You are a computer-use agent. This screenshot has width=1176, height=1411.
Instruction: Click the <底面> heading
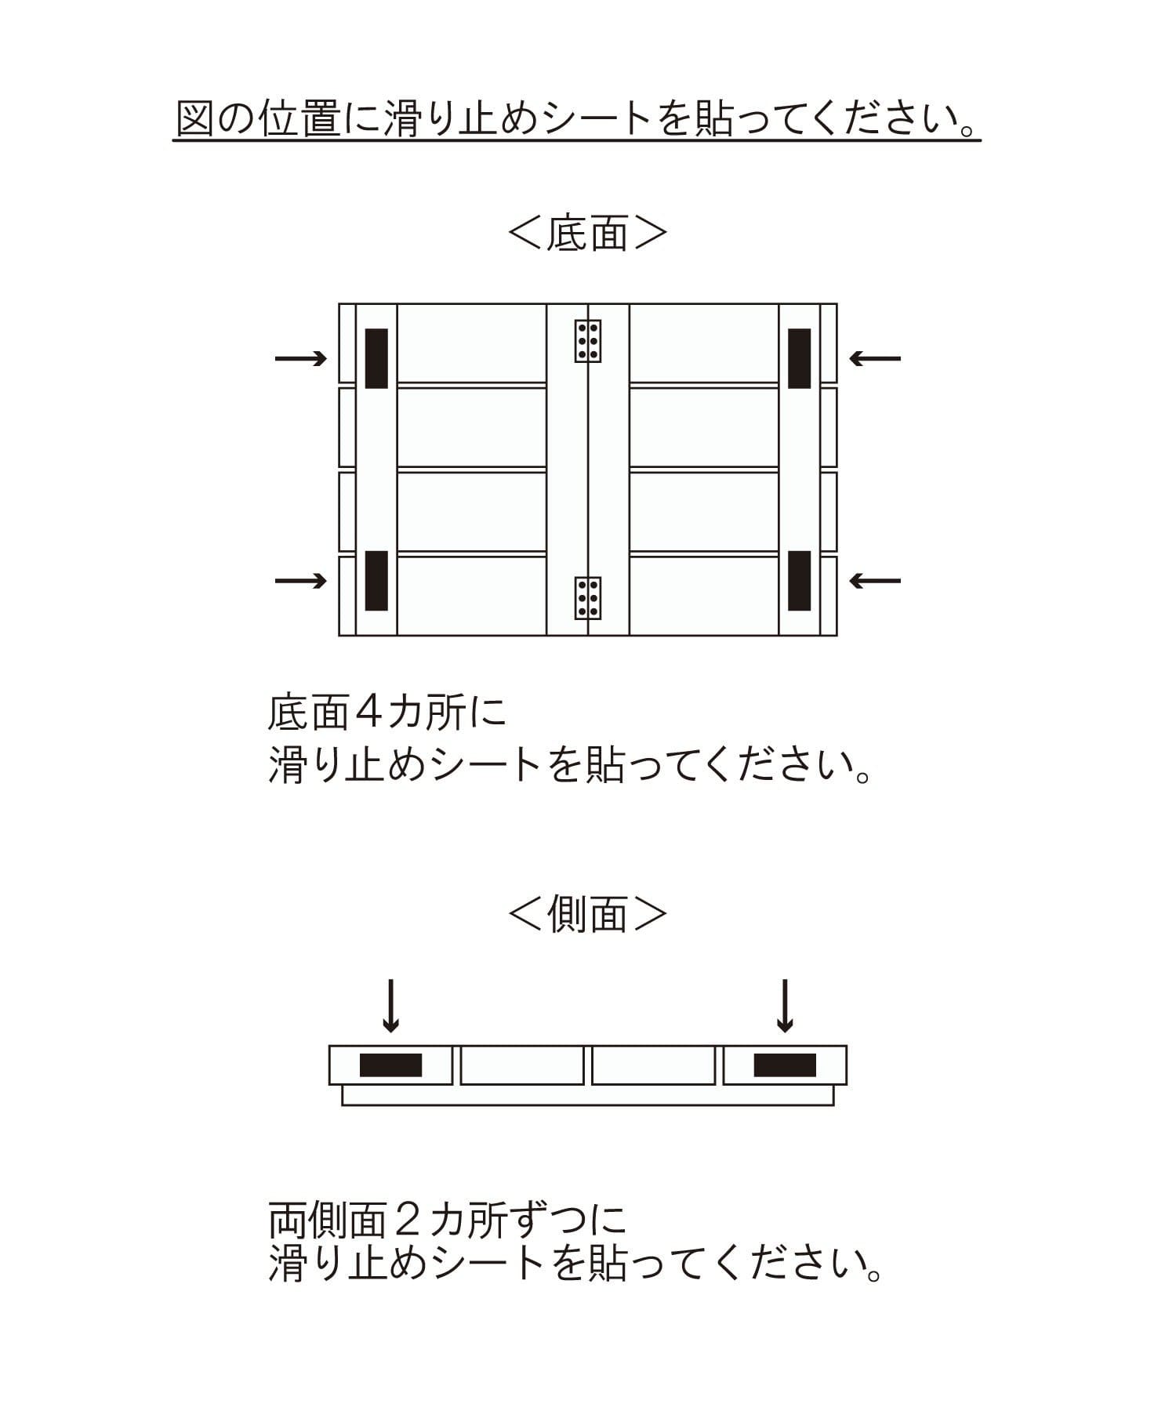pos(587,233)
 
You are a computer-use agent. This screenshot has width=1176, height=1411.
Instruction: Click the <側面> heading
pos(587,914)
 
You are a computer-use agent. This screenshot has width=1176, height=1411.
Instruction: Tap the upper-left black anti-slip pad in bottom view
pos(376,358)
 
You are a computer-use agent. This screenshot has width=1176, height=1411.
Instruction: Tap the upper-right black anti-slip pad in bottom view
pos(799,358)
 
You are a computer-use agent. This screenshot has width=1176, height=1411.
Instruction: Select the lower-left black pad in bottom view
pos(376,581)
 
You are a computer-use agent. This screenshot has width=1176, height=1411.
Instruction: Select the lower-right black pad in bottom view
pos(799,581)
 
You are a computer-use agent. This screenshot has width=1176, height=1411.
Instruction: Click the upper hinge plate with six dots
pos(588,341)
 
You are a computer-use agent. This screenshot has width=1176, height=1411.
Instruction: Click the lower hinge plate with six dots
pos(587,598)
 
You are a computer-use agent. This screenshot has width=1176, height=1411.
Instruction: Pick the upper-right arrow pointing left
pos(875,359)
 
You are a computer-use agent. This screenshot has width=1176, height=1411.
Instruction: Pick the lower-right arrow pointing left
pos(875,581)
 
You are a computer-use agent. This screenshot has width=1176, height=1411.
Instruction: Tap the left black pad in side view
pos(390,1065)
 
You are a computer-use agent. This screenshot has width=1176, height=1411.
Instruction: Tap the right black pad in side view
pos(785,1065)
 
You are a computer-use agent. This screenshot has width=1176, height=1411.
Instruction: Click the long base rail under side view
pos(587,1096)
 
